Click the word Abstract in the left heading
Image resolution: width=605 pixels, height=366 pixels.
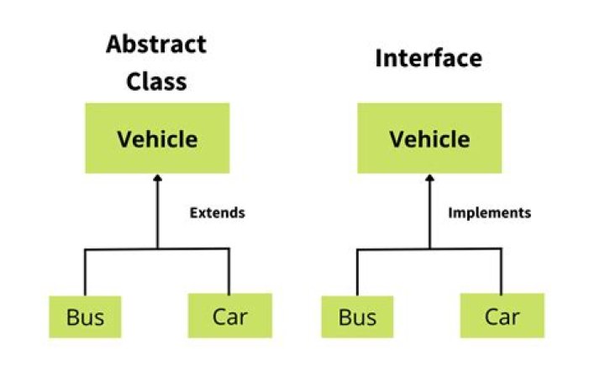[x=156, y=46]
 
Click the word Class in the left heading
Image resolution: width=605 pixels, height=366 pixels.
[x=156, y=81]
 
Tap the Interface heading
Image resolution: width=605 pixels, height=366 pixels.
[x=429, y=59]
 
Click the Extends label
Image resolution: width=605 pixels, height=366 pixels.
[x=217, y=212]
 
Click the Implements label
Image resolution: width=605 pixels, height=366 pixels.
[x=490, y=212]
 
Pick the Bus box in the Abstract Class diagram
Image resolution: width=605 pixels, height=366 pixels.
[x=85, y=316]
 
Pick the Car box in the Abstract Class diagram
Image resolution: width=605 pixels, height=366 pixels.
[x=229, y=316]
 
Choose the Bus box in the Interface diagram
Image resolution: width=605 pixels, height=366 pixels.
[x=357, y=316]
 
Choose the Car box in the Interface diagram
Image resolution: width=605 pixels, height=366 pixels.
[x=502, y=316]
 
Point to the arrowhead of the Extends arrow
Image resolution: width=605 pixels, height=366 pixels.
[x=157, y=180]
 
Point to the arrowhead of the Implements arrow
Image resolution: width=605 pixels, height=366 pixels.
[x=429, y=180]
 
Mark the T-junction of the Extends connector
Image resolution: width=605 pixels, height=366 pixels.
[x=157, y=248]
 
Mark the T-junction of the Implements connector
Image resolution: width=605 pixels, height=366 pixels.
[x=429, y=248]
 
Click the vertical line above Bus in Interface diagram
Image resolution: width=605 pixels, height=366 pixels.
[x=357, y=270]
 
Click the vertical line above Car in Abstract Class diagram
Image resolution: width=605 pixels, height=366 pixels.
[x=229, y=270]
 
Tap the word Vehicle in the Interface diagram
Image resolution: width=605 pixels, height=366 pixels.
[x=429, y=139]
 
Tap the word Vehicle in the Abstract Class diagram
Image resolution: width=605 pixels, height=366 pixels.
[x=157, y=139]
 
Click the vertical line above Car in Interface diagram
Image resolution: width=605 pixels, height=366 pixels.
[x=502, y=270]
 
